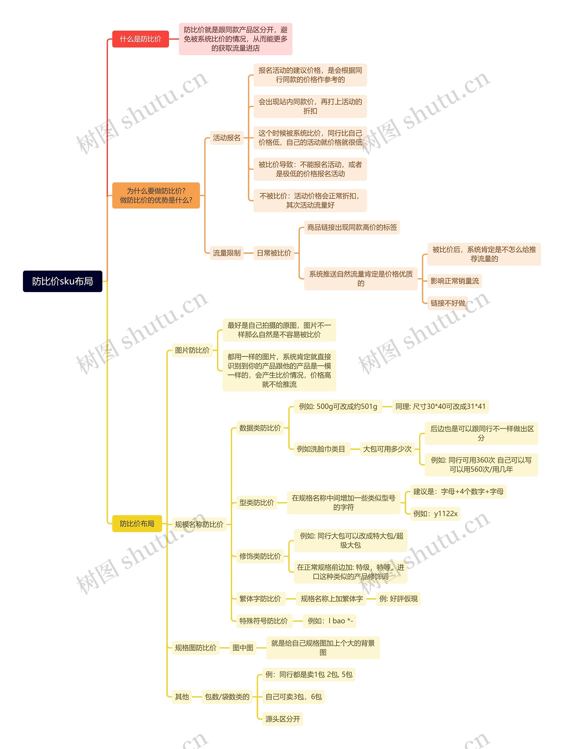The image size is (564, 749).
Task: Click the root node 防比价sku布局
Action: coord(62,281)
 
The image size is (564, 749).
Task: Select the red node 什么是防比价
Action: coord(140,39)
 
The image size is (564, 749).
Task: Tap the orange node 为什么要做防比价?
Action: coord(156,195)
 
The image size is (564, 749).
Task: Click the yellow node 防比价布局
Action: coord(137,523)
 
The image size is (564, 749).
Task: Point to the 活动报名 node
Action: coord(226,138)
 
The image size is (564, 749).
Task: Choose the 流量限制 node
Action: coord(226,253)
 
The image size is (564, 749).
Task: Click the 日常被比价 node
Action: coord(274,253)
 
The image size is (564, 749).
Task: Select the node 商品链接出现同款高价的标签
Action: coord(352,227)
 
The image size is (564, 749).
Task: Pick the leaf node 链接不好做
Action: coord(448,303)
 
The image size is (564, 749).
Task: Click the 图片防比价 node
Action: coord(192,350)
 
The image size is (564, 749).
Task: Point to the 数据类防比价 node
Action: coord(260,428)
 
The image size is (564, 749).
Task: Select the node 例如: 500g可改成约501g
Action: coord(338,406)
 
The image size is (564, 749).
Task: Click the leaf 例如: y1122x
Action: coord(435,514)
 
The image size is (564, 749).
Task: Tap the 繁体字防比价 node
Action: coord(260,599)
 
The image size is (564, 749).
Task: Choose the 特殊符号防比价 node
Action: coord(263,621)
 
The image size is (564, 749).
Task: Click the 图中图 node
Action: coord(243,648)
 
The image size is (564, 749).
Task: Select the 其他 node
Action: coord(182,697)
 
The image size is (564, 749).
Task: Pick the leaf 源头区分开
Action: coord(283,719)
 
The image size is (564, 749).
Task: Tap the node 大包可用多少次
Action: coord(387,449)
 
